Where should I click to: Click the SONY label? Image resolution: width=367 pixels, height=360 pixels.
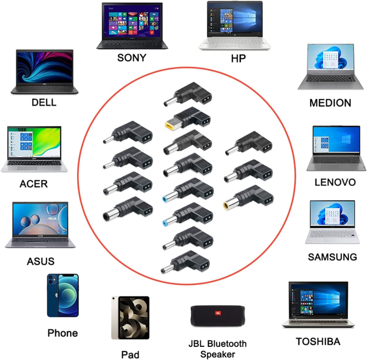[131, 57]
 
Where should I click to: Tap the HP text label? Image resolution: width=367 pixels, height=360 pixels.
[238, 57]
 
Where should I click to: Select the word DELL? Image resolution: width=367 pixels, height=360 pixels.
[44, 102]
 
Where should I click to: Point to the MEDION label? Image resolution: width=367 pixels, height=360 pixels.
[330, 103]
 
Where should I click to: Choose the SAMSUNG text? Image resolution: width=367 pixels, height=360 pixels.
[332, 257]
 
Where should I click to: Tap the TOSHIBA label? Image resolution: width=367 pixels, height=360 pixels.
[318, 341]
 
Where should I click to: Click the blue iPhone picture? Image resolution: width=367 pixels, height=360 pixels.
[62, 295]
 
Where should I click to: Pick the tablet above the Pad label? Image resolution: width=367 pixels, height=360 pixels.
[130, 318]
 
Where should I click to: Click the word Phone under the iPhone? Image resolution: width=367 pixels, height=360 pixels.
[62, 333]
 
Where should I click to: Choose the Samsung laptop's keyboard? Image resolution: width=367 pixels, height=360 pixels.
[333, 234]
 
